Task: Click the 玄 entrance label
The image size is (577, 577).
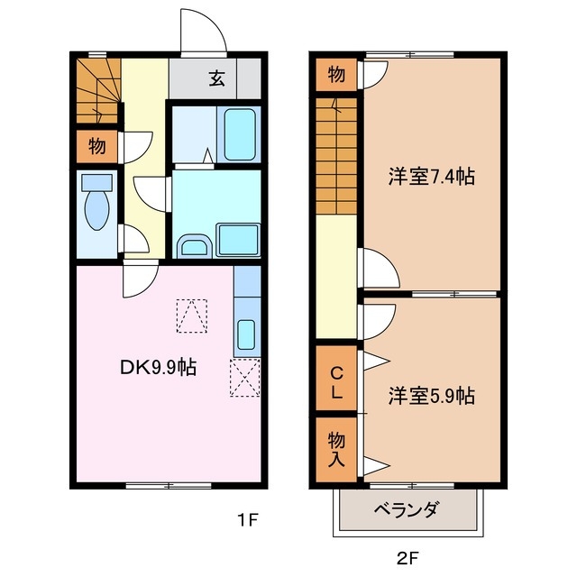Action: point(217,78)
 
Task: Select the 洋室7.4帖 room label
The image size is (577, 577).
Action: point(431,178)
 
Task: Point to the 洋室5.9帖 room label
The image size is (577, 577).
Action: point(432,395)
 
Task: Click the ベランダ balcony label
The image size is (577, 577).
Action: point(407,511)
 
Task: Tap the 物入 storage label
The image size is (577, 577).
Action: point(335,447)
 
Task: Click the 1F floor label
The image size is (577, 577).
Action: point(248,519)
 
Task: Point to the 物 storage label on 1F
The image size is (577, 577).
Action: point(96,146)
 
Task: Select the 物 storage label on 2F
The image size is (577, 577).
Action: point(335,75)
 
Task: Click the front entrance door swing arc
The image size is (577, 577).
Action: point(201,32)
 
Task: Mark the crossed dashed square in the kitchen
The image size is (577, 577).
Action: point(244,378)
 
